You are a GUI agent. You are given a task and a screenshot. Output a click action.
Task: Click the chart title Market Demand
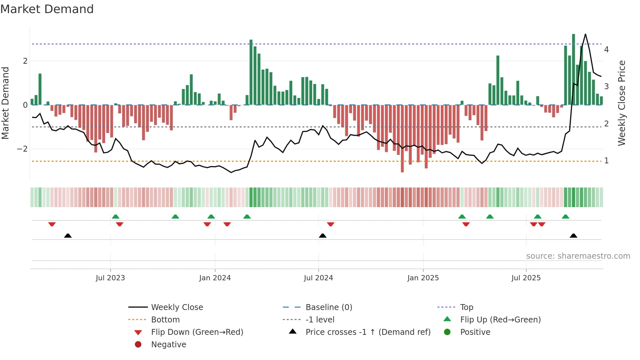[47, 9]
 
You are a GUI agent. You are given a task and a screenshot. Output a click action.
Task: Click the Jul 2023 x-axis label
[110, 278]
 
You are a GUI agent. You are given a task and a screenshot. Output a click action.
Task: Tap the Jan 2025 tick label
[423, 278]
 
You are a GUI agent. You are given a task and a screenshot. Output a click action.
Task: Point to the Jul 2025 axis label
[526, 278]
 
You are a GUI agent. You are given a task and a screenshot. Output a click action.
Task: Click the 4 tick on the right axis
[606, 50]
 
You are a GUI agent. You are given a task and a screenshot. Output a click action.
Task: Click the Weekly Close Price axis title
[621, 103]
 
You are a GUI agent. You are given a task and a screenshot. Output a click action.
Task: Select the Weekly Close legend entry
[177, 307]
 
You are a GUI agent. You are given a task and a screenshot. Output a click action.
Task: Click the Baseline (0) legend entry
[328, 307]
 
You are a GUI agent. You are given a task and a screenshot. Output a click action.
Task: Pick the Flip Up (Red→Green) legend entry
[500, 320]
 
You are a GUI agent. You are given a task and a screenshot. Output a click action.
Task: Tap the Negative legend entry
[168, 345]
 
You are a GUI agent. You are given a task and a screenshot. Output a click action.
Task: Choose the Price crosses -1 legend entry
[368, 332]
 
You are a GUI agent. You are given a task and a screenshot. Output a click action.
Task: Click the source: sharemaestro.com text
[578, 256]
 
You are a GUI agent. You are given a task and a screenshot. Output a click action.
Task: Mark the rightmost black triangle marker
[573, 236]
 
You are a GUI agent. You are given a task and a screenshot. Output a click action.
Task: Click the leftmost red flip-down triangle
[52, 224]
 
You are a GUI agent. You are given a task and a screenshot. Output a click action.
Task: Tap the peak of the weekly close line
[585, 34]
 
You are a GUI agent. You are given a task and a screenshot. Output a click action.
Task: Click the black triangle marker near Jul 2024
[323, 236]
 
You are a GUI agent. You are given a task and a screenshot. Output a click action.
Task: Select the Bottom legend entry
[165, 320]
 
